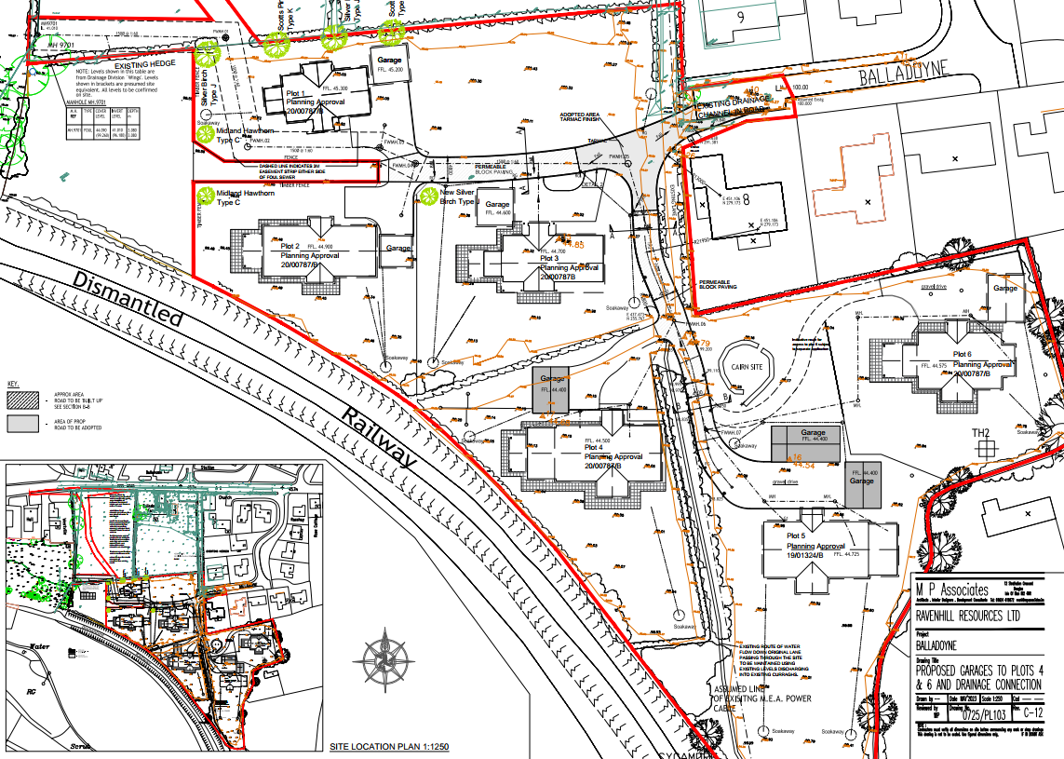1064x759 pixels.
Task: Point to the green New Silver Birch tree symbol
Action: click(x=428, y=197)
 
